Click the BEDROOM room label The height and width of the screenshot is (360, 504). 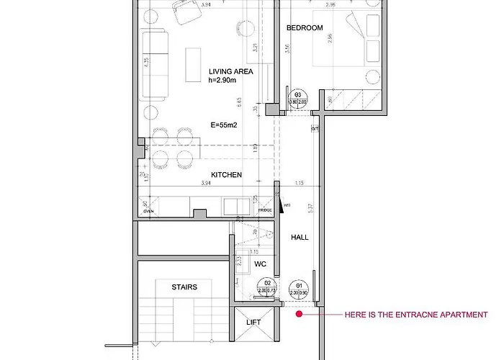[303, 28]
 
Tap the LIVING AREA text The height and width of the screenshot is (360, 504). [230, 71]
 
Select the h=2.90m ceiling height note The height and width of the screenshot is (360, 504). [222, 80]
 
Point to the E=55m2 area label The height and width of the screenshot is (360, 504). [225, 124]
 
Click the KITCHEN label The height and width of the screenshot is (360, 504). [226, 175]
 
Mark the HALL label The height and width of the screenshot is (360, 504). [300, 237]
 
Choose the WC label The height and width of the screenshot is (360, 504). [261, 264]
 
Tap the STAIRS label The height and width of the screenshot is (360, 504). [184, 287]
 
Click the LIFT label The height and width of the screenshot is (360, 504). [253, 322]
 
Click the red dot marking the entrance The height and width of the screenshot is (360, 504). [298, 315]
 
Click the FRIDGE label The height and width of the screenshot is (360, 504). [255, 210]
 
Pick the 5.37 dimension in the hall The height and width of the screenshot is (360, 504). [310, 209]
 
